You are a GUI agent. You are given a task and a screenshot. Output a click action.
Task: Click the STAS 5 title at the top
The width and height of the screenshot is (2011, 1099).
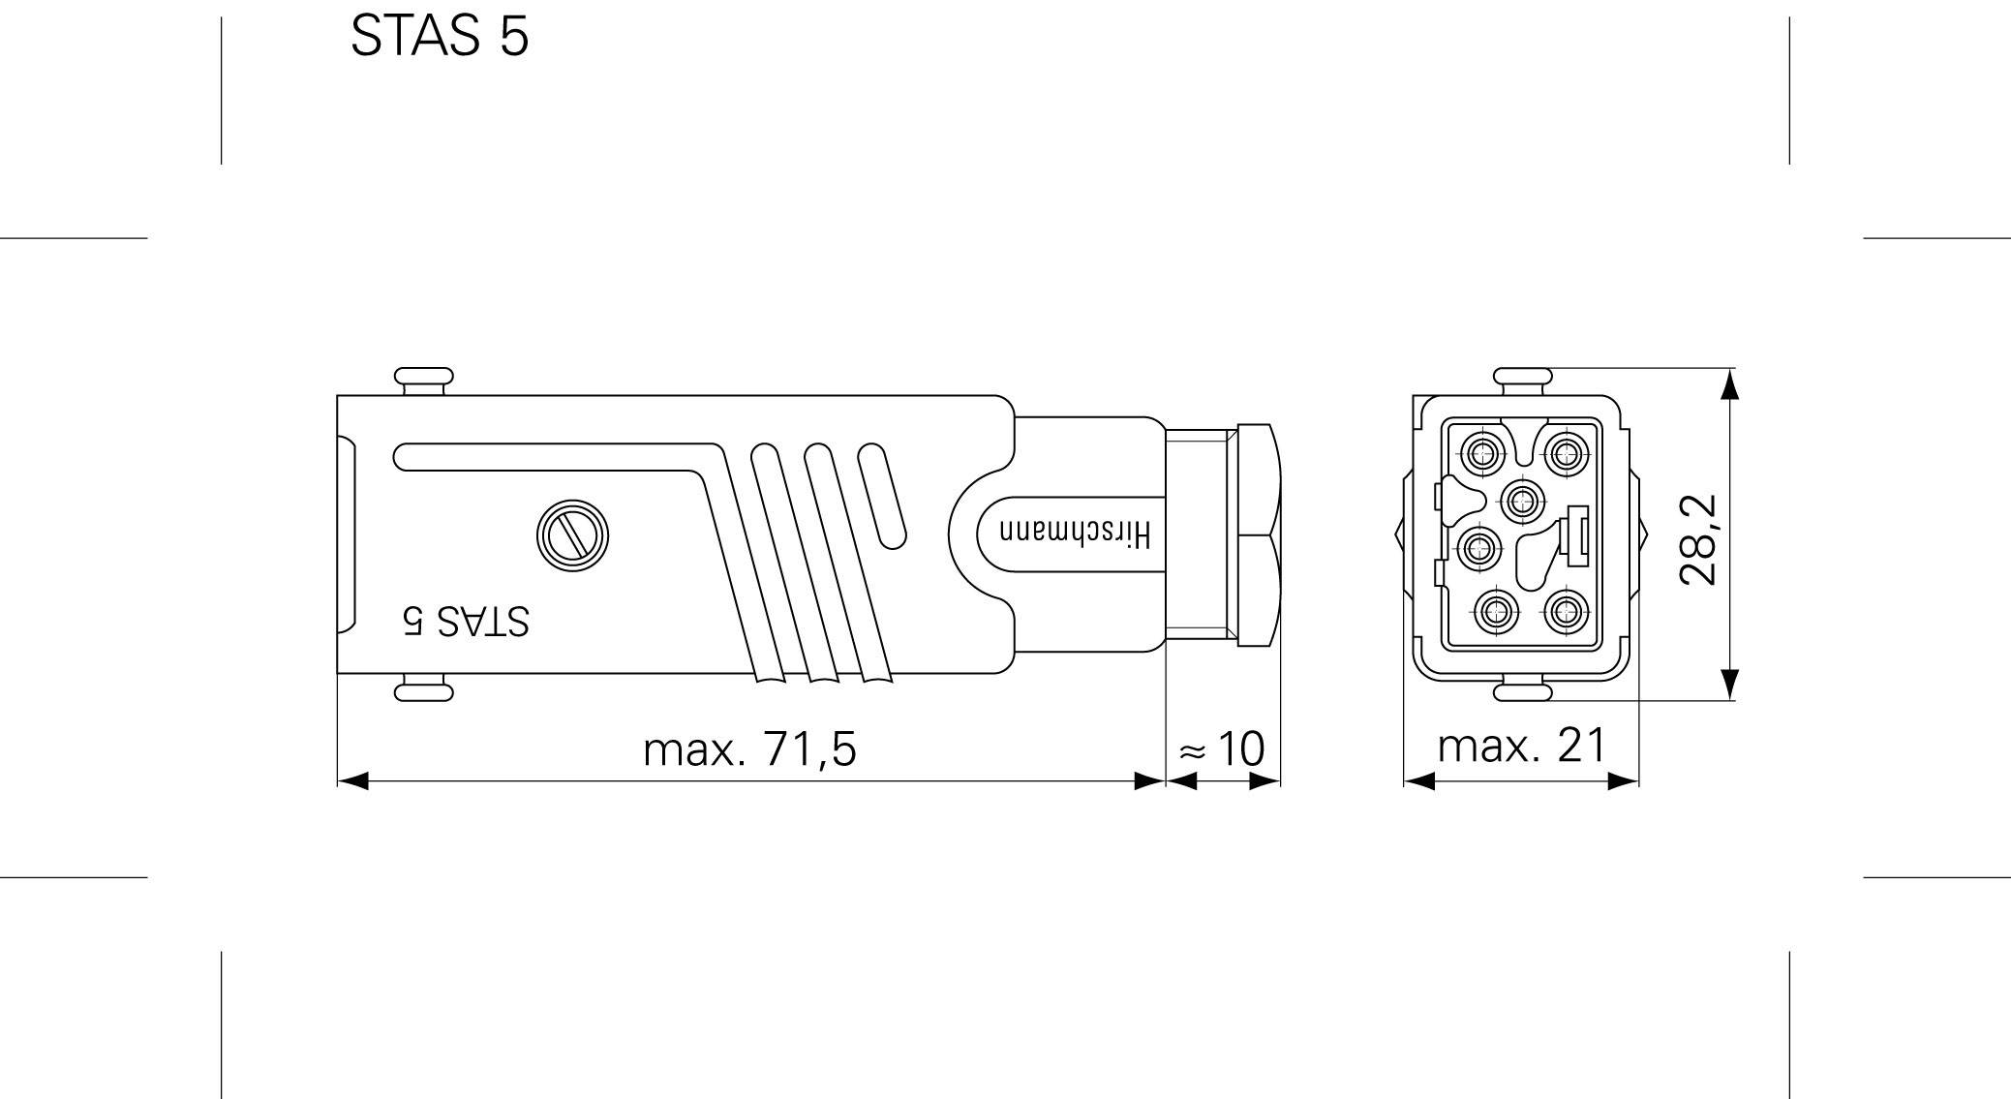[440, 37]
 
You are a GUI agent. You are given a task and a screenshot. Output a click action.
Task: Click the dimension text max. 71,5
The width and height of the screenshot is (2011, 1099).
[749, 749]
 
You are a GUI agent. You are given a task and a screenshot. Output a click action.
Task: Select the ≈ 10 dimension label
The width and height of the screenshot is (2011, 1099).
[1223, 748]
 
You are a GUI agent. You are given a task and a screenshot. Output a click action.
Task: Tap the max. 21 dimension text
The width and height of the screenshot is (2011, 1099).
[1521, 746]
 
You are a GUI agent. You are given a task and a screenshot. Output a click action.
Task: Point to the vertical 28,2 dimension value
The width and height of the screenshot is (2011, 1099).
[1698, 539]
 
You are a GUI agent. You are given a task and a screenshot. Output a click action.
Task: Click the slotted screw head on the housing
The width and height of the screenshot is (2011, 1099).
[573, 535]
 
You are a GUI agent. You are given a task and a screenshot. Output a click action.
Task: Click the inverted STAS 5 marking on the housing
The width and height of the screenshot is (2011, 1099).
[467, 621]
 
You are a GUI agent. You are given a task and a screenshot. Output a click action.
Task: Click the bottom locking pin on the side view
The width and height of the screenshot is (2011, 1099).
[423, 691]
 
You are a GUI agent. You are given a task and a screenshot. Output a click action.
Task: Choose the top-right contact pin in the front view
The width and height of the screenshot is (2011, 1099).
[1563, 451]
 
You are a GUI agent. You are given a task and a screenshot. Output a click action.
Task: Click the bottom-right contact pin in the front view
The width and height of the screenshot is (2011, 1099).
[1563, 611]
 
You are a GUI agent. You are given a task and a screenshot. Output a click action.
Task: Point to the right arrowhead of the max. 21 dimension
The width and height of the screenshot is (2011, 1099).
[1624, 780]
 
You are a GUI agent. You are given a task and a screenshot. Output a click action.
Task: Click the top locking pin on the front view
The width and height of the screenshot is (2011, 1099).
[1522, 378]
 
